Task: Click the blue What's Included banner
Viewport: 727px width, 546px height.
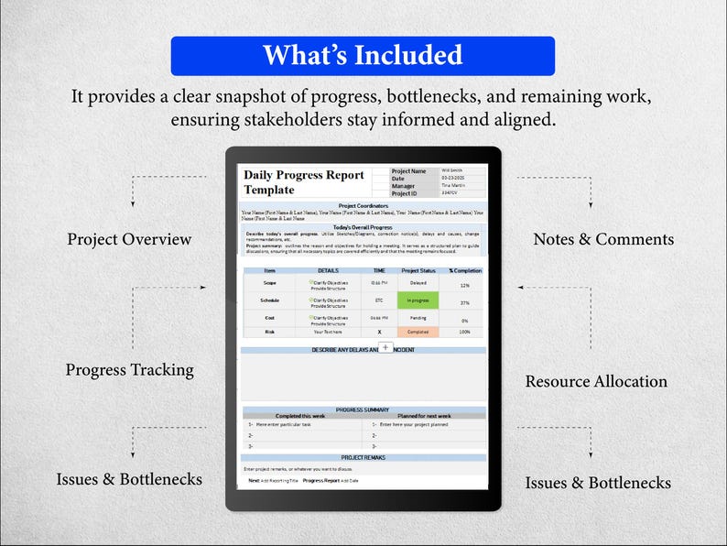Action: coord(363,56)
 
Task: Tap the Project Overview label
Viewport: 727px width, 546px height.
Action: coord(129,239)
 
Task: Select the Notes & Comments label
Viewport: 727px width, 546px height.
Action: coord(603,239)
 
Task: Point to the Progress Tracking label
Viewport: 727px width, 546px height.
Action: coord(129,370)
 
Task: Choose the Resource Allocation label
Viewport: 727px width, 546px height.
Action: coord(596,381)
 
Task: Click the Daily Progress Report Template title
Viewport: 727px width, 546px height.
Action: coord(304,181)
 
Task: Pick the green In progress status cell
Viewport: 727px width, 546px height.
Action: coord(418,300)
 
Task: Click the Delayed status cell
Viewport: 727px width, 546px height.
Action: coord(418,284)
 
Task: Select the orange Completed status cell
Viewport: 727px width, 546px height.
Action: coord(418,332)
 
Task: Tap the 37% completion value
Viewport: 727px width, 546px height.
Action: coord(464,301)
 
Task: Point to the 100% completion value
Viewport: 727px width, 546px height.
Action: coord(464,332)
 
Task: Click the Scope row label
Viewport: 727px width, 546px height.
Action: coord(269,284)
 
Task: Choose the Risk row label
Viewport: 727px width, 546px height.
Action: coord(269,332)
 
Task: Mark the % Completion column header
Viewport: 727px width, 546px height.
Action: coord(464,270)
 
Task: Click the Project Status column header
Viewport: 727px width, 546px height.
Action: coord(418,270)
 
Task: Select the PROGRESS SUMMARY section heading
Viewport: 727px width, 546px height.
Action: coord(363,409)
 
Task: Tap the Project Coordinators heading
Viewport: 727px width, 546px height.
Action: coord(363,206)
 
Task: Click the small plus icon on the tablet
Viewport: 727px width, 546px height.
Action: coord(385,348)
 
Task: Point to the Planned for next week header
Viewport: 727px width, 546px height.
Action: coord(424,416)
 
